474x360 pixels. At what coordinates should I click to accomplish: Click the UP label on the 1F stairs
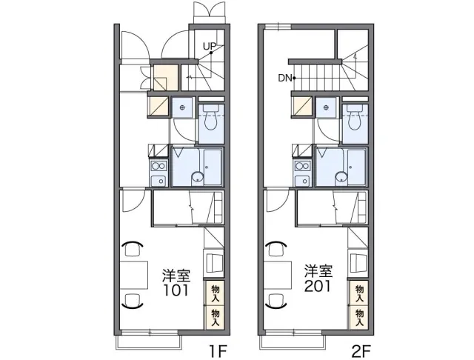(209, 46)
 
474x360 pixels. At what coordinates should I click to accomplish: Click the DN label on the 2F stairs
(284, 79)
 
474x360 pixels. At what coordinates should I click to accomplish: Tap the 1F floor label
(217, 351)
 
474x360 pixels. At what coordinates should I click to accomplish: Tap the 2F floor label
(361, 351)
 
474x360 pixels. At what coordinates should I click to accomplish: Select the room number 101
(176, 290)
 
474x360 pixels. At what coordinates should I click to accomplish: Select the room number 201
(318, 286)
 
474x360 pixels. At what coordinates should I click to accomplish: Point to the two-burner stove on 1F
(158, 166)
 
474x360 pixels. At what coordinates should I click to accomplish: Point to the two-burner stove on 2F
(303, 166)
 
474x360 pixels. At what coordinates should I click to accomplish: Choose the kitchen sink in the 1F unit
(158, 181)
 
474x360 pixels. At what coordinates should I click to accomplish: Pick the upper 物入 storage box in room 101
(215, 293)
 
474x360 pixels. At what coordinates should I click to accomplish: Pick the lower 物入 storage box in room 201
(358, 317)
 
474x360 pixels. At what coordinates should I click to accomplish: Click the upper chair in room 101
(133, 248)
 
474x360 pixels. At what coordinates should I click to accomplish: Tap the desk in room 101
(133, 275)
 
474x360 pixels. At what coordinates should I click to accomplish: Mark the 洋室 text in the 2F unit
(318, 271)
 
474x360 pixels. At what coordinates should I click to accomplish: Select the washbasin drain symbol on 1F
(182, 107)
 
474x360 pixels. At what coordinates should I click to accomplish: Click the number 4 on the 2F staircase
(355, 56)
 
